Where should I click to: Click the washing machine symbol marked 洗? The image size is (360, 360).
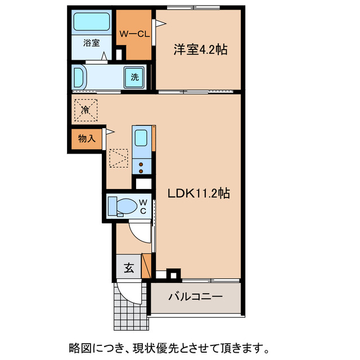click(135, 78)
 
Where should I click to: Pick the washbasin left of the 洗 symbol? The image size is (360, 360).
click(80, 77)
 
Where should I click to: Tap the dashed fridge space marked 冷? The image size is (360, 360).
click(85, 109)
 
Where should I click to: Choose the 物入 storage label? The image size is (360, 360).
click(87, 138)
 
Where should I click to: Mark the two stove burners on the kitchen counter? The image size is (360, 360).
click(141, 166)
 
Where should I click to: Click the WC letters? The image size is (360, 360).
click(143, 206)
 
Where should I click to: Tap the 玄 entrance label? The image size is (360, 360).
click(129, 268)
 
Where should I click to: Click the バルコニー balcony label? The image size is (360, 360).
click(196, 296)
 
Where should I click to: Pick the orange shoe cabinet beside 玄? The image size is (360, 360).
click(147, 265)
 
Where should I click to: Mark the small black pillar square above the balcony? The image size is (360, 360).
click(174, 276)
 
